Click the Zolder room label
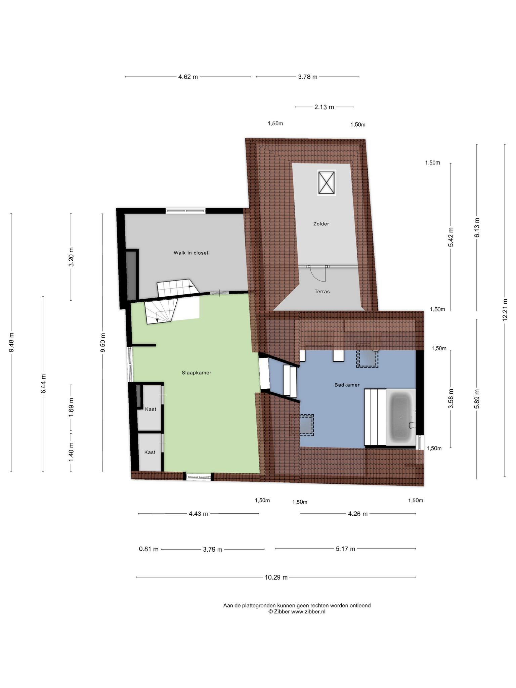click(x=321, y=224)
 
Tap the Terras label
click(x=322, y=292)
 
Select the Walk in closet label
click(x=191, y=253)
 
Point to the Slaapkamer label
click(x=196, y=373)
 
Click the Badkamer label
click(x=347, y=385)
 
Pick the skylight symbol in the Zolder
click(x=327, y=183)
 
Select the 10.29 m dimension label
click(x=276, y=577)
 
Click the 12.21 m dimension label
click(x=505, y=310)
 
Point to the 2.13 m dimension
click(x=324, y=107)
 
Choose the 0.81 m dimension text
click(x=148, y=549)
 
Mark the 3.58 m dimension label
click(x=451, y=398)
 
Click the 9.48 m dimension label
click(x=11, y=342)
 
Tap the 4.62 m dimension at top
click(x=188, y=77)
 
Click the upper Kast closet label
click(x=150, y=409)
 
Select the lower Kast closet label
click(x=150, y=452)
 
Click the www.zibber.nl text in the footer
click(x=308, y=612)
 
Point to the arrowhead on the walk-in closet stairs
click(x=192, y=287)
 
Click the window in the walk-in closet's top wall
click(x=185, y=211)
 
